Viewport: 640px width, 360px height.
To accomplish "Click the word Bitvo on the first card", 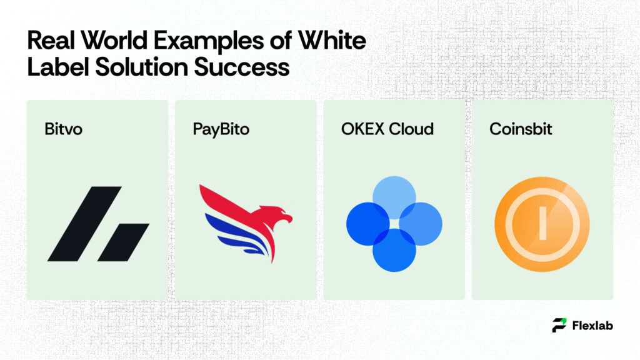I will [x=64, y=130].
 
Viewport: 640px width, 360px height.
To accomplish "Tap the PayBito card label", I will [x=221, y=130].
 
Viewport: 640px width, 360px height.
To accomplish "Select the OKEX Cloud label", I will [x=387, y=130].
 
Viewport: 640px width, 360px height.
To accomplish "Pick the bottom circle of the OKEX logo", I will [x=394, y=251].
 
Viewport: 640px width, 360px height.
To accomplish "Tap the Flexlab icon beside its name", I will [x=559, y=325].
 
